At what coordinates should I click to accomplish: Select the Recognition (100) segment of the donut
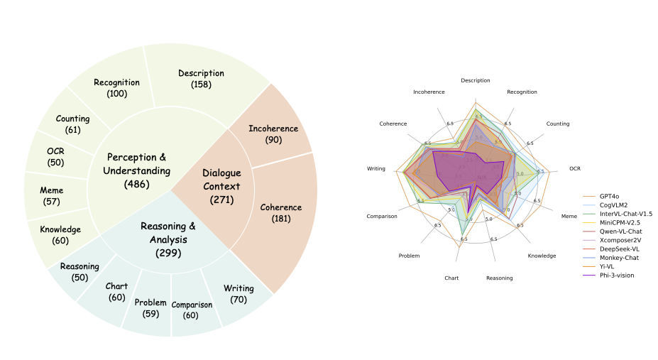click(x=116, y=87)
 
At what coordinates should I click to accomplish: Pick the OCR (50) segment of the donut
click(x=55, y=157)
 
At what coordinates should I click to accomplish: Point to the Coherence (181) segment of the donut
click(x=280, y=212)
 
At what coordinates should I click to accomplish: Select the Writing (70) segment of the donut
click(x=238, y=293)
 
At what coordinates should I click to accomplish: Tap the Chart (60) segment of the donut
click(x=116, y=291)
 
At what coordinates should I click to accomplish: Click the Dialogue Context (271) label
click(x=221, y=185)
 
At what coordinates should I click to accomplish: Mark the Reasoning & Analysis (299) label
click(x=168, y=239)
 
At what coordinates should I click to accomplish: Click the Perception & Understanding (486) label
click(x=136, y=170)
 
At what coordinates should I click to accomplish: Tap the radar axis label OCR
click(x=574, y=168)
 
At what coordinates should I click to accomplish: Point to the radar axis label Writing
click(x=376, y=168)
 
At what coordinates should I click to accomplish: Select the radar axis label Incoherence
click(x=429, y=92)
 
